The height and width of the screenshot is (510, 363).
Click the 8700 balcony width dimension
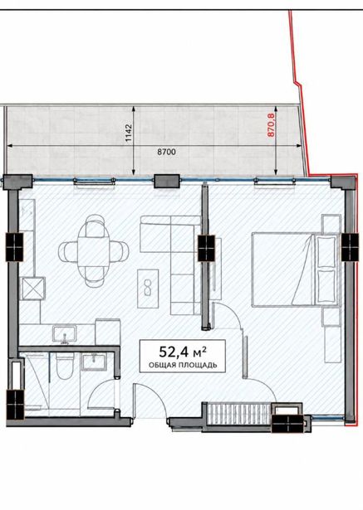pyautogui.click(x=166, y=152)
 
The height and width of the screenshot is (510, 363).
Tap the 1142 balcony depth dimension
pyautogui.click(x=129, y=133)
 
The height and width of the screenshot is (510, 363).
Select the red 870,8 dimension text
pyautogui.click(x=271, y=124)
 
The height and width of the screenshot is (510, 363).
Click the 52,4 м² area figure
pyautogui.click(x=182, y=352)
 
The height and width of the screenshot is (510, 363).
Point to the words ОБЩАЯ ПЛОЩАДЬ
pyautogui.click(x=183, y=365)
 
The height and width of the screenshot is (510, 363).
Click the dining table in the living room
pyautogui.click(x=94, y=250)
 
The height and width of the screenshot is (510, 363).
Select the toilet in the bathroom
pyautogui.click(x=65, y=367)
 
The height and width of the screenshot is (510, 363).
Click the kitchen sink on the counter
pyautogui.click(x=65, y=334)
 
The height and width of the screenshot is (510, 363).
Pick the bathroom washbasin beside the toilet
pyautogui.click(x=94, y=362)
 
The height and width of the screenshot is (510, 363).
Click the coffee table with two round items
pyautogui.click(x=148, y=289)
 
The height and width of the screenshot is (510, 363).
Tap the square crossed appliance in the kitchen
pyautogui.click(x=32, y=289)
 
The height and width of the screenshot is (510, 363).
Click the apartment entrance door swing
pyautogui.click(x=153, y=400)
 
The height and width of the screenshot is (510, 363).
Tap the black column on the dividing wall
pyautogui.click(x=207, y=248)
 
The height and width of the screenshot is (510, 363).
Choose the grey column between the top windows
pyautogui.click(x=166, y=181)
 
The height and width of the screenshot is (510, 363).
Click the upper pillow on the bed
pyautogui.click(x=326, y=252)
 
